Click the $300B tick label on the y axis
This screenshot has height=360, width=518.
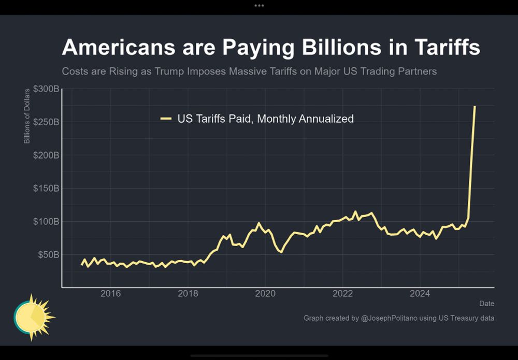coord(46,89)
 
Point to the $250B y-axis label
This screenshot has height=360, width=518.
coord(46,122)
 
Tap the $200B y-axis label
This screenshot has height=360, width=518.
coord(46,155)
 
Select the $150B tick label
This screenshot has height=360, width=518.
coord(46,189)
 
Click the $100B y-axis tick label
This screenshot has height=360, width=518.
coord(46,222)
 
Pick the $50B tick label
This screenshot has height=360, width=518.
coord(48,255)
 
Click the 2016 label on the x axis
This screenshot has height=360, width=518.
coord(110,294)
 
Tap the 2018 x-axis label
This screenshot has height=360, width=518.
coord(188,294)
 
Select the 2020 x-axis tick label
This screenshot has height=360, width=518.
coord(265,294)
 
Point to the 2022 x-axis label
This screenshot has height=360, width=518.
coord(342,294)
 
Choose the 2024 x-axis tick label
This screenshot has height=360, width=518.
coord(420,294)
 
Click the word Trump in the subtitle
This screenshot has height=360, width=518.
coord(169,71)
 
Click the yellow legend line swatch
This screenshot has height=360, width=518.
coord(166,119)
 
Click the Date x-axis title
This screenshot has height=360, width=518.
coord(486,303)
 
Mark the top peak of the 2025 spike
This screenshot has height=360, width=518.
coord(474,107)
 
